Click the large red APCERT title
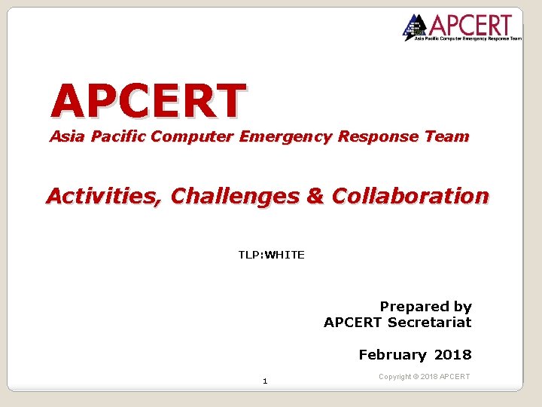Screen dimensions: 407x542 pos(148,102)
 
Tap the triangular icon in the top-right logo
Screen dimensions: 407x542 pos(414,27)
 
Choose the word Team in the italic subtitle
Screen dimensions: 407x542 pos(449,136)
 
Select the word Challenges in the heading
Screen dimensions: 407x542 pos(235,196)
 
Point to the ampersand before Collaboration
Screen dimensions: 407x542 pos(315,196)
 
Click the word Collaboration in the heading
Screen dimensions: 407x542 pos(410,196)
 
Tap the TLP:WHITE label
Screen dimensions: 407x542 pos(271,255)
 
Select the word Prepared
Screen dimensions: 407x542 pos(413,307)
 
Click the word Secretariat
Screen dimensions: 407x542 pos(429,322)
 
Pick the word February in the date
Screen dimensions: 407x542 pos(392,354)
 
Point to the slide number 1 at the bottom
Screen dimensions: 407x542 pos(265,381)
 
